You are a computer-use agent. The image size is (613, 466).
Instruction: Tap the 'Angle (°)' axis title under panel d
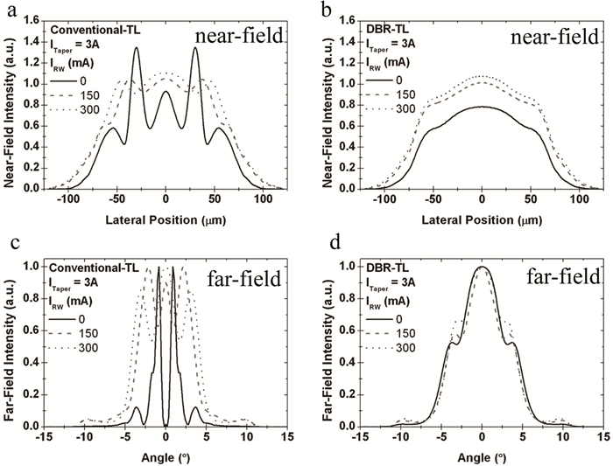point(482,457)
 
